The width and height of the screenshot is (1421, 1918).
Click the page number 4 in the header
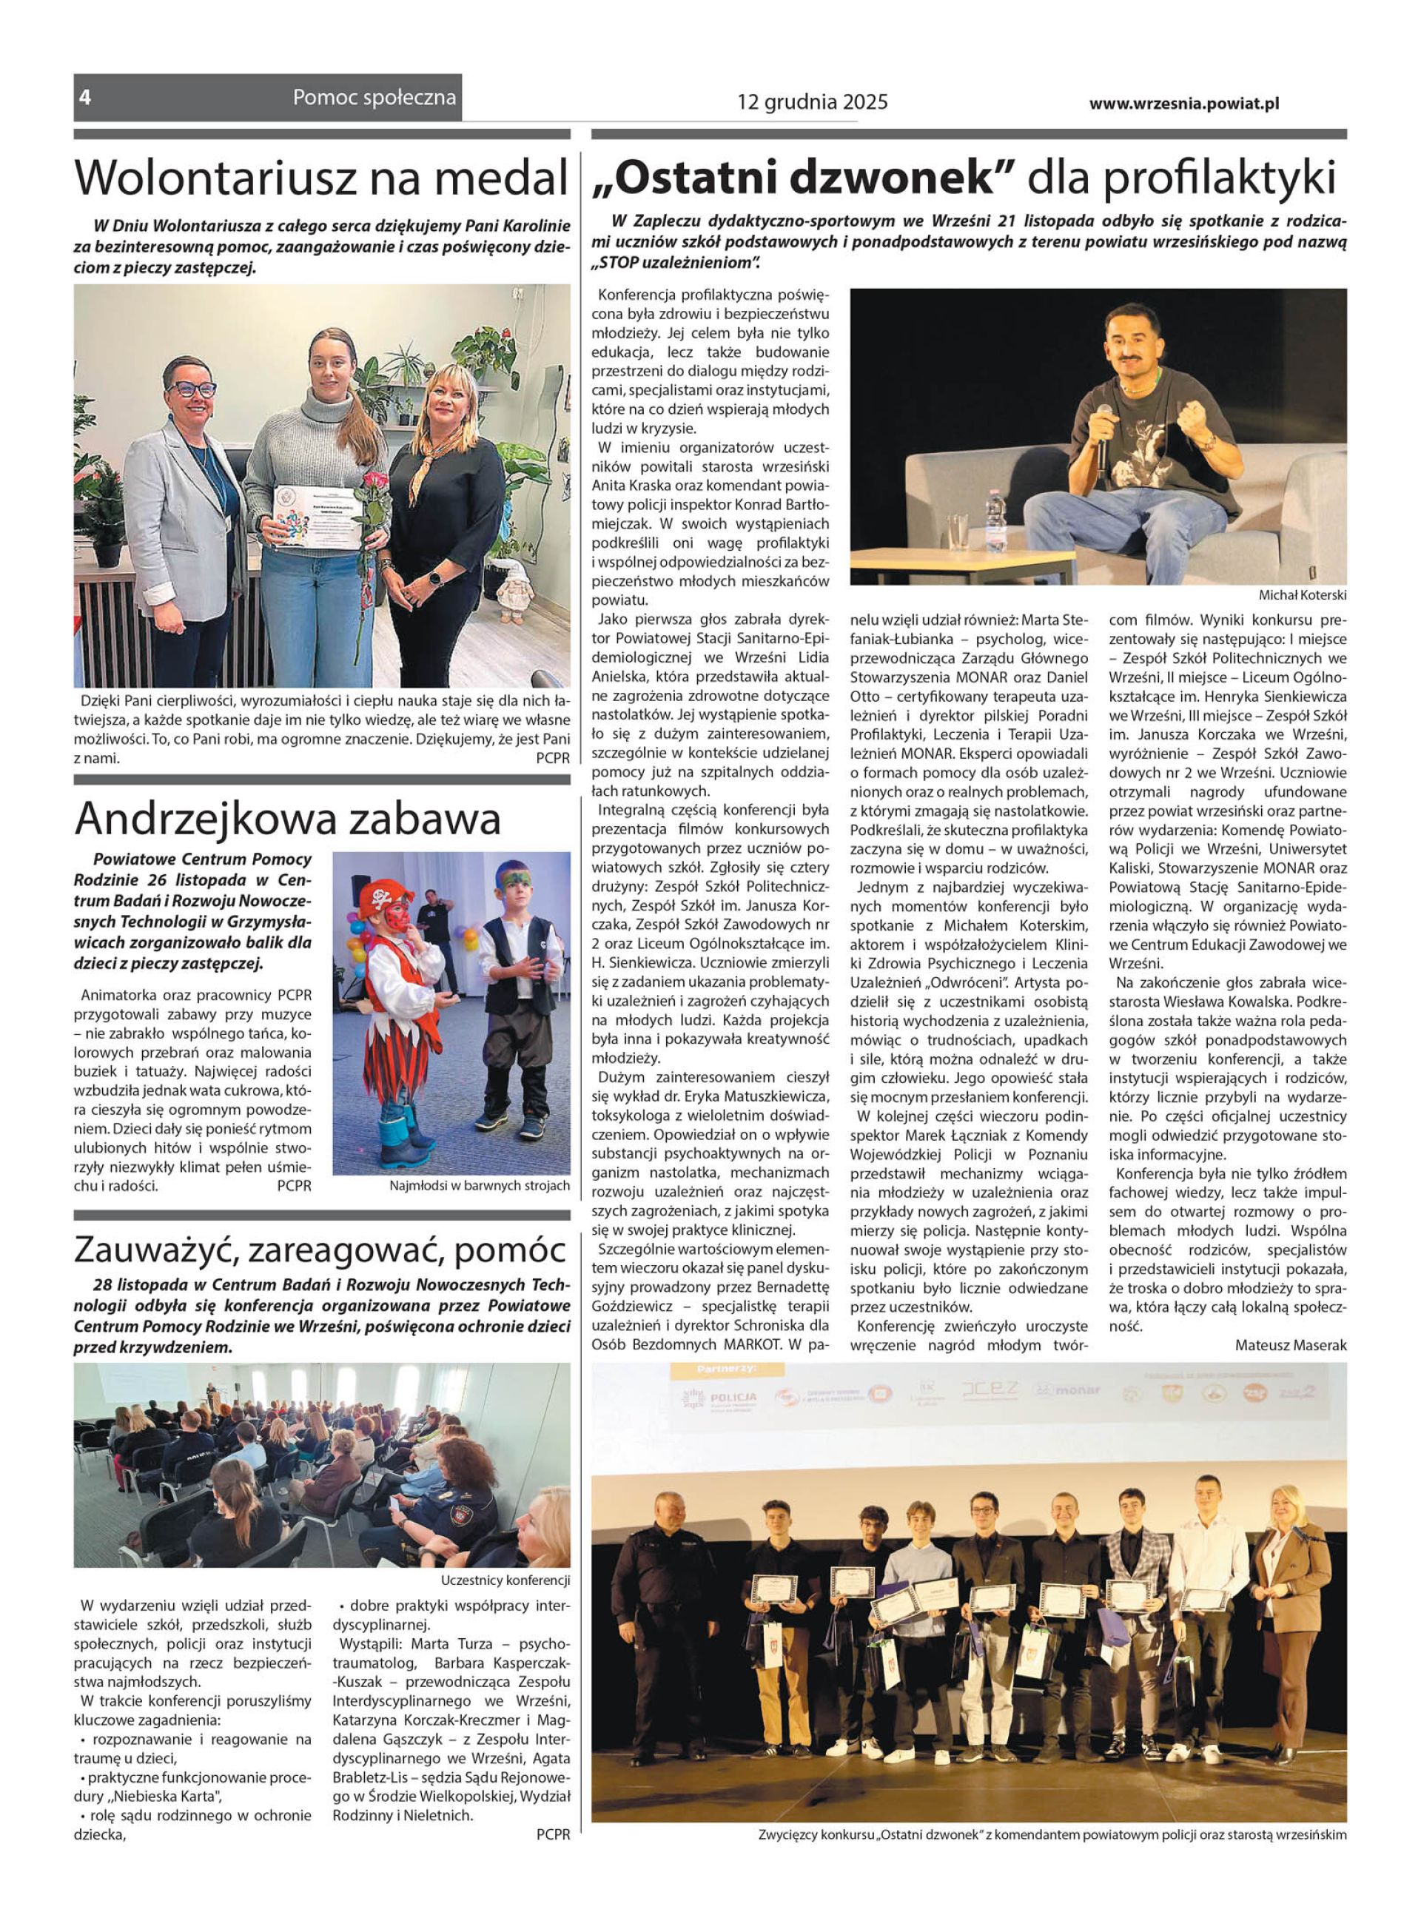[x=85, y=98]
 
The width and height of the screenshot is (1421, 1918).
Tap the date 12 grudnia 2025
[x=812, y=102]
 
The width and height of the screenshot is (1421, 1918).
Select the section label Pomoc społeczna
[x=374, y=97]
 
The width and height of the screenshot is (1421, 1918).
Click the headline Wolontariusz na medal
[x=322, y=178]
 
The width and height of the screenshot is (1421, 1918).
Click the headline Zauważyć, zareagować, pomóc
[x=322, y=1250]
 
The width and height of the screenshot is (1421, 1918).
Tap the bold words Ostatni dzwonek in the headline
[x=805, y=178]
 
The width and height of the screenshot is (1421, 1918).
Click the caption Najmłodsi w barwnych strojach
[x=479, y=1186]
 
